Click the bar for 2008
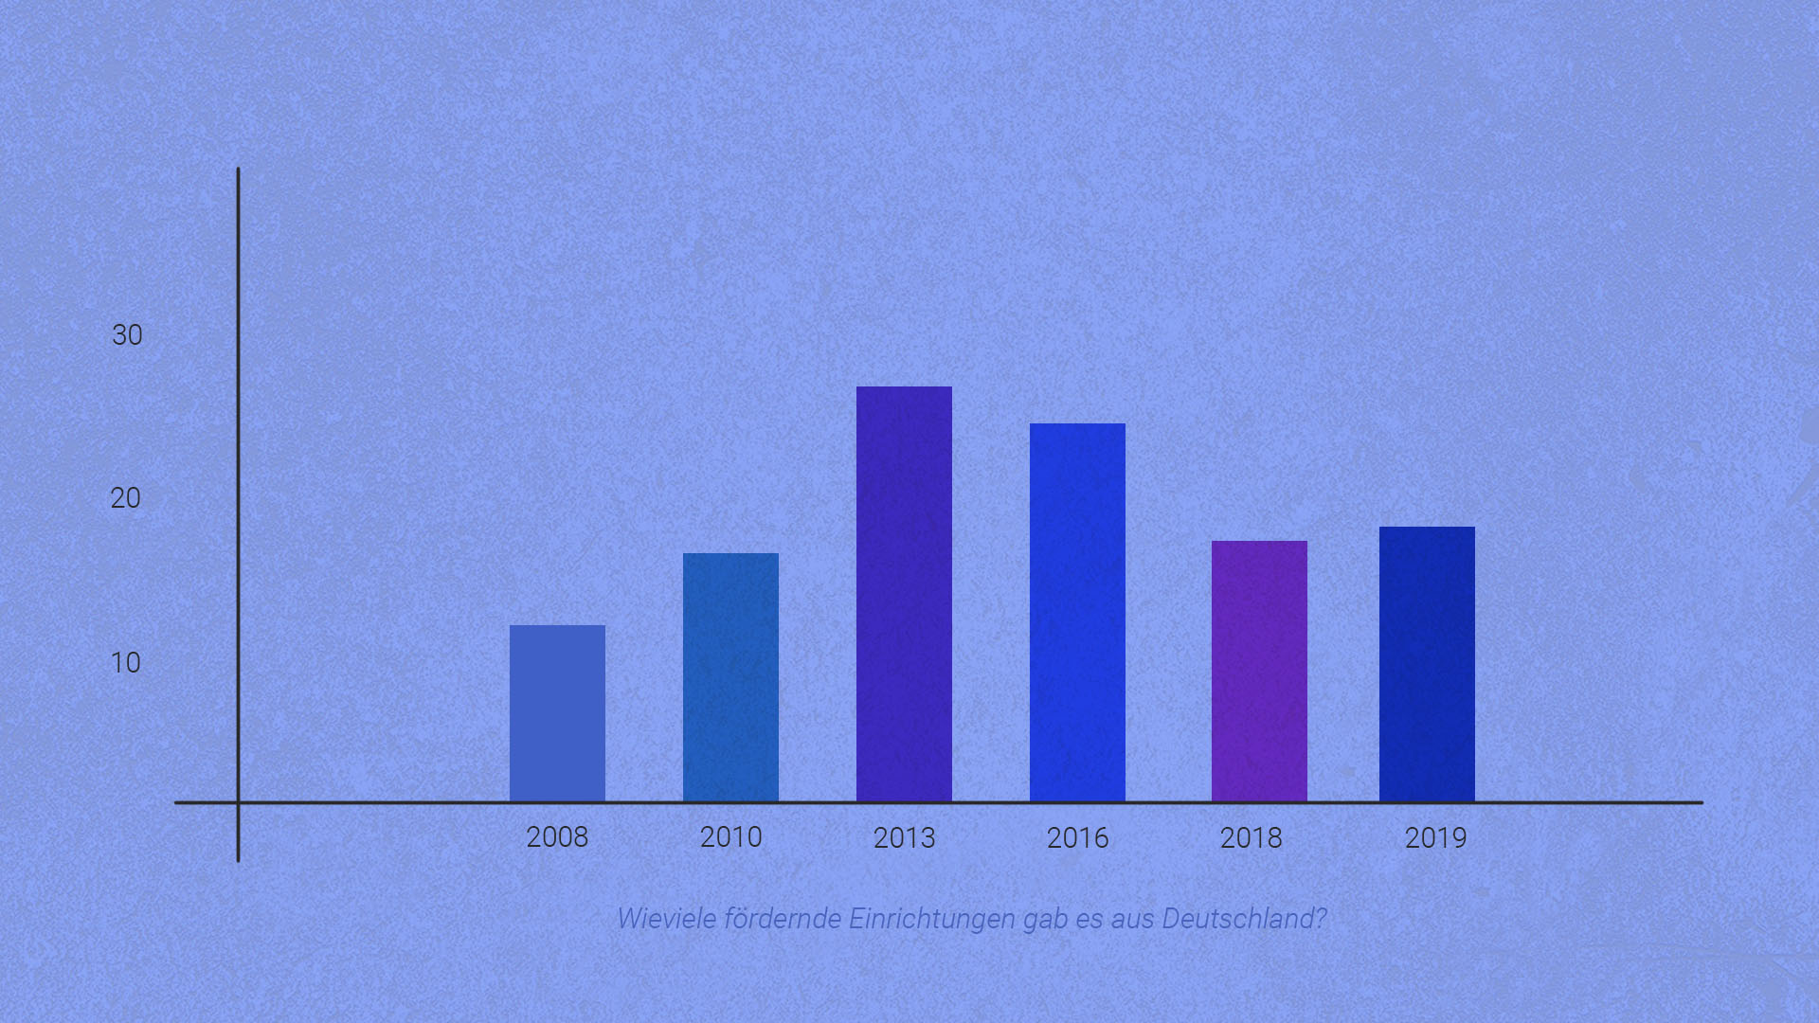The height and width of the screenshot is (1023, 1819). point(557,713)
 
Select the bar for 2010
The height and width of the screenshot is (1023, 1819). point(730,677)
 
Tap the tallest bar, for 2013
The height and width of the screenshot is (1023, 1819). point(904,594)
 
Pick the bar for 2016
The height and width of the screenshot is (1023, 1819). point(1077,612)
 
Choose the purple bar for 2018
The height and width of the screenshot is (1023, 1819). point(1259,671)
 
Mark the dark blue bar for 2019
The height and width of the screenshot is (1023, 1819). point(1427,664)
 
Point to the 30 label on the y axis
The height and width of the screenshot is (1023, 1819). point(127,335)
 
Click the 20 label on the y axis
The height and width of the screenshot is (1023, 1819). point(126,498)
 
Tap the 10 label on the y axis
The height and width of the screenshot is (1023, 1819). point(126,663)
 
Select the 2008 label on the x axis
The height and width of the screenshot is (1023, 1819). point(557,837)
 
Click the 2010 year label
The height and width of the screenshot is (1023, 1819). point(730,837)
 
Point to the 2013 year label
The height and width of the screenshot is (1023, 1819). point(904,838)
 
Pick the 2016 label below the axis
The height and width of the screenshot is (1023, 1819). point(1077,838)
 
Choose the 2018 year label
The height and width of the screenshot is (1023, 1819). point(1251,838)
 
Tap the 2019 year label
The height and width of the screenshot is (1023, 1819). point(1435,838)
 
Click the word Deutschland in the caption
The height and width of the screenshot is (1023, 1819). point(1243,919)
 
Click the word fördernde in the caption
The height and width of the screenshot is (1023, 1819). point(782,919)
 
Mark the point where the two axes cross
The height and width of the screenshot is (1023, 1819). point(238,803)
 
